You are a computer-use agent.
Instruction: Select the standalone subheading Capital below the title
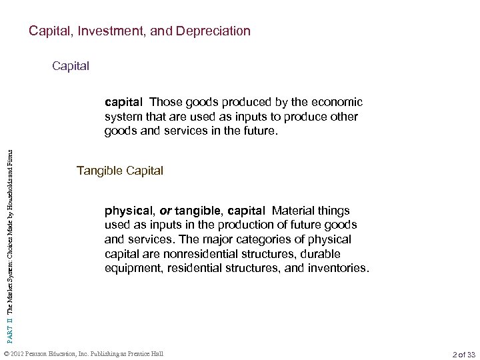[71, 67]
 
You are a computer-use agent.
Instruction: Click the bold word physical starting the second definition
[125, 210]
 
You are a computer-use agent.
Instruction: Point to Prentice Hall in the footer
[145, 352]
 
